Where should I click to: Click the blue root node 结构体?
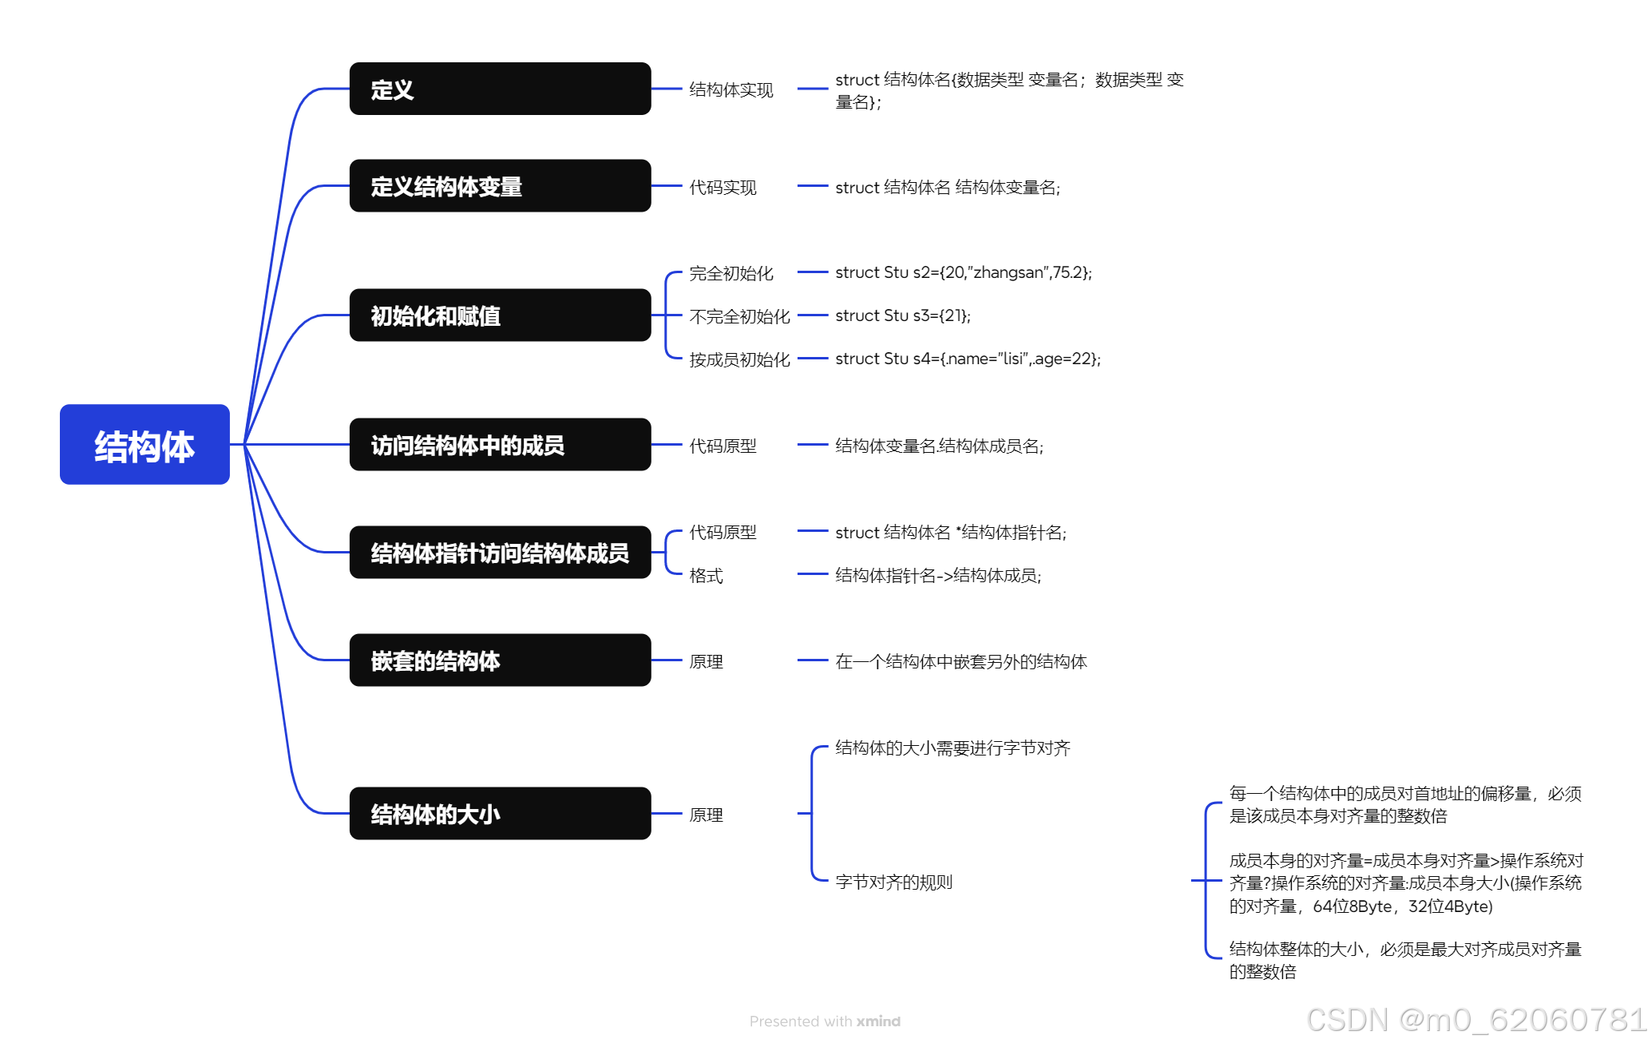[x=145, y=445]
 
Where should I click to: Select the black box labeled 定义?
[x=500, y=89]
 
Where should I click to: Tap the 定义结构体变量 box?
[x=500, y=186]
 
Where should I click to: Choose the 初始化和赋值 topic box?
[x=500, y=315]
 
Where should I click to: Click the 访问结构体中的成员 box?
[x=500, y=445]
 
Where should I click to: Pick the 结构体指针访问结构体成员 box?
[x=500, y=553]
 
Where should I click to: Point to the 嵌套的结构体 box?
[x=500, y=660]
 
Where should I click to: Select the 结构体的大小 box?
[x=500, y=814]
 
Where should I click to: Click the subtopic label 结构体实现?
[x=731, y=89]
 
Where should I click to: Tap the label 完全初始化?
[x=731, y=273]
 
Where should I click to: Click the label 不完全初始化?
[x=739, y=316]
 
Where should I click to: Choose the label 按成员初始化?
[x=739, y=359]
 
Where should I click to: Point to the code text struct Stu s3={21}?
[x=903, y=315]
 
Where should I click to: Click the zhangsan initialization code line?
[x=964, y=272]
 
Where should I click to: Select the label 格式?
[x=707, y=575]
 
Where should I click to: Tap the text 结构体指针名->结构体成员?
[x=938, y=575]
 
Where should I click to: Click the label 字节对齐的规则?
[x=894, y=882]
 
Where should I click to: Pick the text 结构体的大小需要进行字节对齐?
[x=952, y=748]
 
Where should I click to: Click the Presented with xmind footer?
[x=825, y=1021]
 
